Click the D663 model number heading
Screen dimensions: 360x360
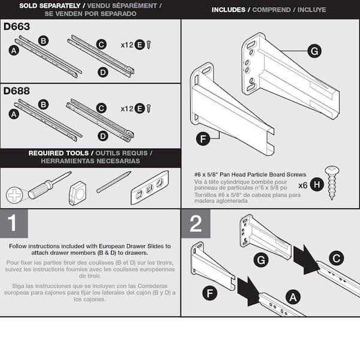(x=17, y=28)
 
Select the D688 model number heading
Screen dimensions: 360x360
(x=17, y=92)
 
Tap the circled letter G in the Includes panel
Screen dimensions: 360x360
(x=314, y=51)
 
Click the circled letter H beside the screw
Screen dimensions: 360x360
(x=316, y=185)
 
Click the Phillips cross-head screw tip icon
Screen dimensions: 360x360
(x=14, y=195)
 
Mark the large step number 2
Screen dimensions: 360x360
(x=196, y=223)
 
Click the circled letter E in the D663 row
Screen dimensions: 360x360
(x=140, y=44)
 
